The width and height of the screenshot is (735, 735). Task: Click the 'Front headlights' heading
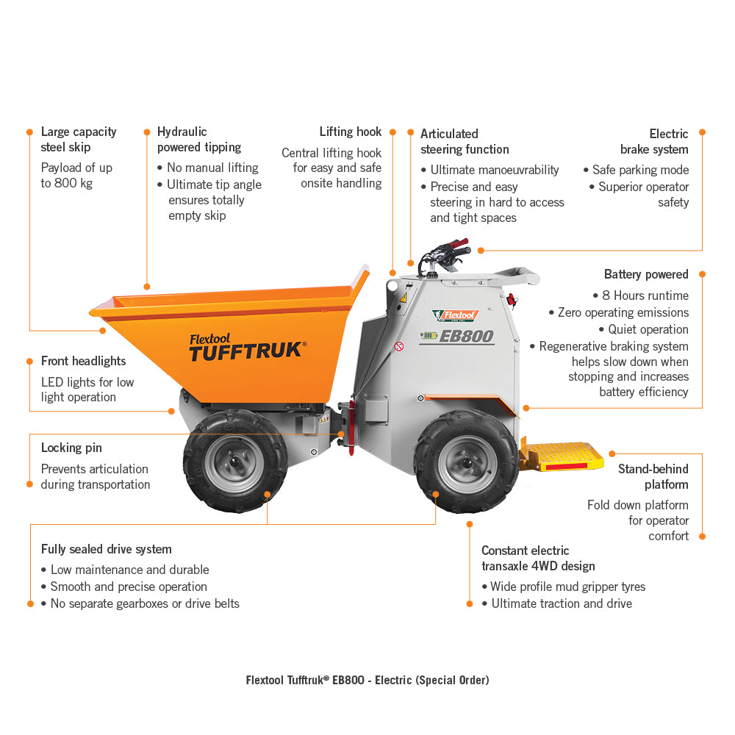pos(84,361)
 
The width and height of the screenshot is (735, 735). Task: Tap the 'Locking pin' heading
pos(71,448)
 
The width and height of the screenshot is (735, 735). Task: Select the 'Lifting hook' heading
pos(350,132)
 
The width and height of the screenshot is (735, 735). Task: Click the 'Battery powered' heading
pos(646,274)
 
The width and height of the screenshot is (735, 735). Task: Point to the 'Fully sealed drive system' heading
pos(107,549)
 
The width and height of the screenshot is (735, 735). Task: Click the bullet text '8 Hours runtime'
pos(645,295)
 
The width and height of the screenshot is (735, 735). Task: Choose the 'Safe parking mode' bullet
pos(640,170)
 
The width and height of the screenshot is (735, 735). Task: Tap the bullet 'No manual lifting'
pos(212,168)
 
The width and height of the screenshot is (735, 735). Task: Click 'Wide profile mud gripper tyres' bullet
pos(567,587)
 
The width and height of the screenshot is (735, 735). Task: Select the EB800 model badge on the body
pos(457,336)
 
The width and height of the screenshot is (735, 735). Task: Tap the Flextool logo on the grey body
pos(455,315)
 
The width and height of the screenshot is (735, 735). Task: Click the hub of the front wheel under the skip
pos(235,462)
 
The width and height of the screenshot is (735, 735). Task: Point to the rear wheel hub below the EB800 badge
pos(467,463)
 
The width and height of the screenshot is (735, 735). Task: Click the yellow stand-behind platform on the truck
pos(562,455)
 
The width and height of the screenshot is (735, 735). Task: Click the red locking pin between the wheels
pos(351,426)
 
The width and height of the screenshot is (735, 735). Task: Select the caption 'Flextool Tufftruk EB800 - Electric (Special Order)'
pos(367,680)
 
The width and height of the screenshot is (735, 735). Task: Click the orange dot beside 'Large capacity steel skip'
pos(29,132)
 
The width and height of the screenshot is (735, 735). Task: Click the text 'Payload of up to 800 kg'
pos(76,176)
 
